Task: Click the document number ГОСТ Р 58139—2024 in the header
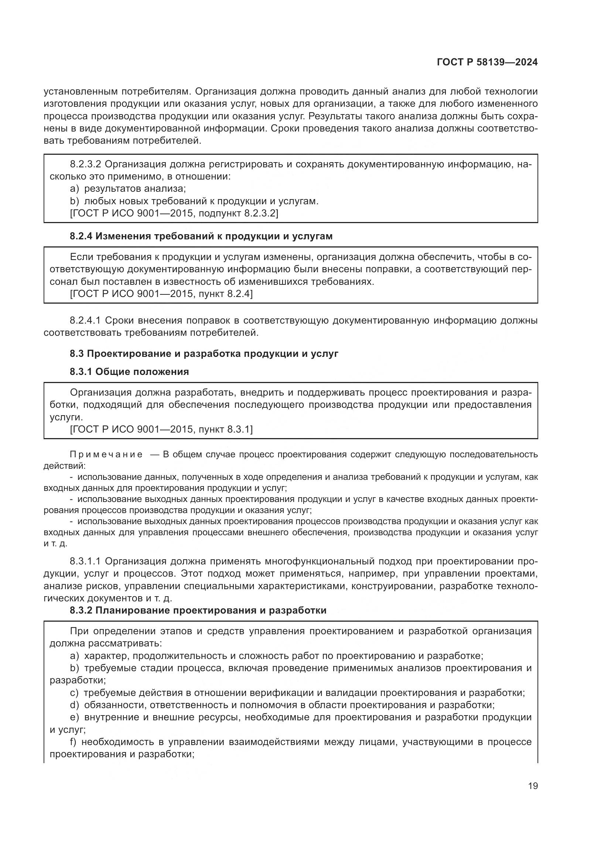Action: [487, 62]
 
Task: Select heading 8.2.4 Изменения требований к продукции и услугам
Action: [201, 236]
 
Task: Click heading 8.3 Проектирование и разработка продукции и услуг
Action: [204, 354]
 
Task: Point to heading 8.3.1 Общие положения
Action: [129, 372]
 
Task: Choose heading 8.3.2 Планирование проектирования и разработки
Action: [198, 610]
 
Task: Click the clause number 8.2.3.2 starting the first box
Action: [85, 164]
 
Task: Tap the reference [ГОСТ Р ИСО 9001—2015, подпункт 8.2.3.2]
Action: [174, 214]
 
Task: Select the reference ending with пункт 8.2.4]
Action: [161, 294]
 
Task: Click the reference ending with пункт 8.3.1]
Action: [161, 429]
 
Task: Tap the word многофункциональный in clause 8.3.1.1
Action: [320, 561]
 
